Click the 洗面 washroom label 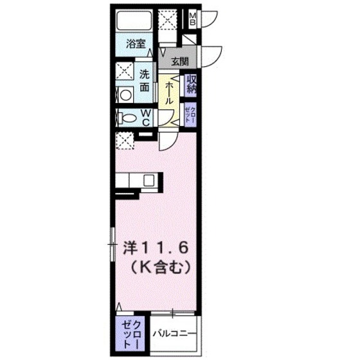[x=146, y=79]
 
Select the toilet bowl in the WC [x=129, y=118]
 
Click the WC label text [x=146, y=118]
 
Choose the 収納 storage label [x=192, y=84]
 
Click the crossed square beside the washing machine [x=125, y=72]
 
